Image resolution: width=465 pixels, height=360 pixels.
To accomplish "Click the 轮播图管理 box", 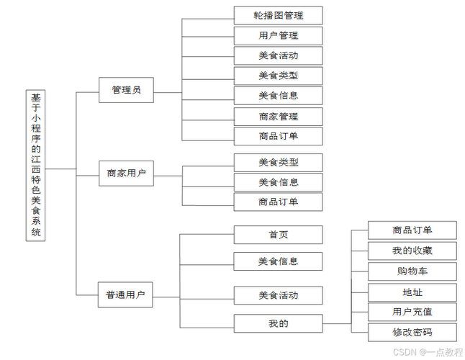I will (x=278, y=15).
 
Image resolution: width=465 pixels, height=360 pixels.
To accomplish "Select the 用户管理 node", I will (x=278, y=35).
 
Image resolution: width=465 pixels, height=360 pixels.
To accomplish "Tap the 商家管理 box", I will (x=278, y=116).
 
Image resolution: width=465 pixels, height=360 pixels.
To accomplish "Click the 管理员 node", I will (x=126, y=91).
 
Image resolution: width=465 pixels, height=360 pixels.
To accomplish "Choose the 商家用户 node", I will (x=126, y=174).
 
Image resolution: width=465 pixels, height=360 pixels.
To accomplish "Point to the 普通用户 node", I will (x=126, y=294).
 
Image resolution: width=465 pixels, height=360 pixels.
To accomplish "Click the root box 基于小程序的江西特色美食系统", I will (x=37, y=165).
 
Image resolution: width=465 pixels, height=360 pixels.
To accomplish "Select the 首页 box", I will (x=278, y=235).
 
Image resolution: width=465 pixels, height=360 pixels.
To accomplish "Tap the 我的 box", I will (x=278, y=323).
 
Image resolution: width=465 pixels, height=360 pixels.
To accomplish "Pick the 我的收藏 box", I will (x=412, y=251).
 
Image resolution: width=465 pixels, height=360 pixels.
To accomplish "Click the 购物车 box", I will (x=412, y=271).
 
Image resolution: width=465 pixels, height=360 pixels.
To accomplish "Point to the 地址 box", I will (x=412, y=292).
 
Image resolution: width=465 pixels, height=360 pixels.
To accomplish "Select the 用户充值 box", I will (x=412, y=312).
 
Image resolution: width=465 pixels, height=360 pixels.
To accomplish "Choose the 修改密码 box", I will (x=412, y=332).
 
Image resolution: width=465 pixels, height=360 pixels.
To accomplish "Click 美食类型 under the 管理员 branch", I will (x=278, y=76).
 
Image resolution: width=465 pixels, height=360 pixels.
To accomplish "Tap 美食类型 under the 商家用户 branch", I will (x=278, y=162).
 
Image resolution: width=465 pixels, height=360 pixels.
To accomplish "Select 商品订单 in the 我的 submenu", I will (x=412, y=230).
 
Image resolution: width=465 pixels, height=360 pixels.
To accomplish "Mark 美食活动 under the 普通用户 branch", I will (x=278, y=295).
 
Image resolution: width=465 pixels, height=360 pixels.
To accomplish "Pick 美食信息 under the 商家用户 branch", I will (x=278, y=182).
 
